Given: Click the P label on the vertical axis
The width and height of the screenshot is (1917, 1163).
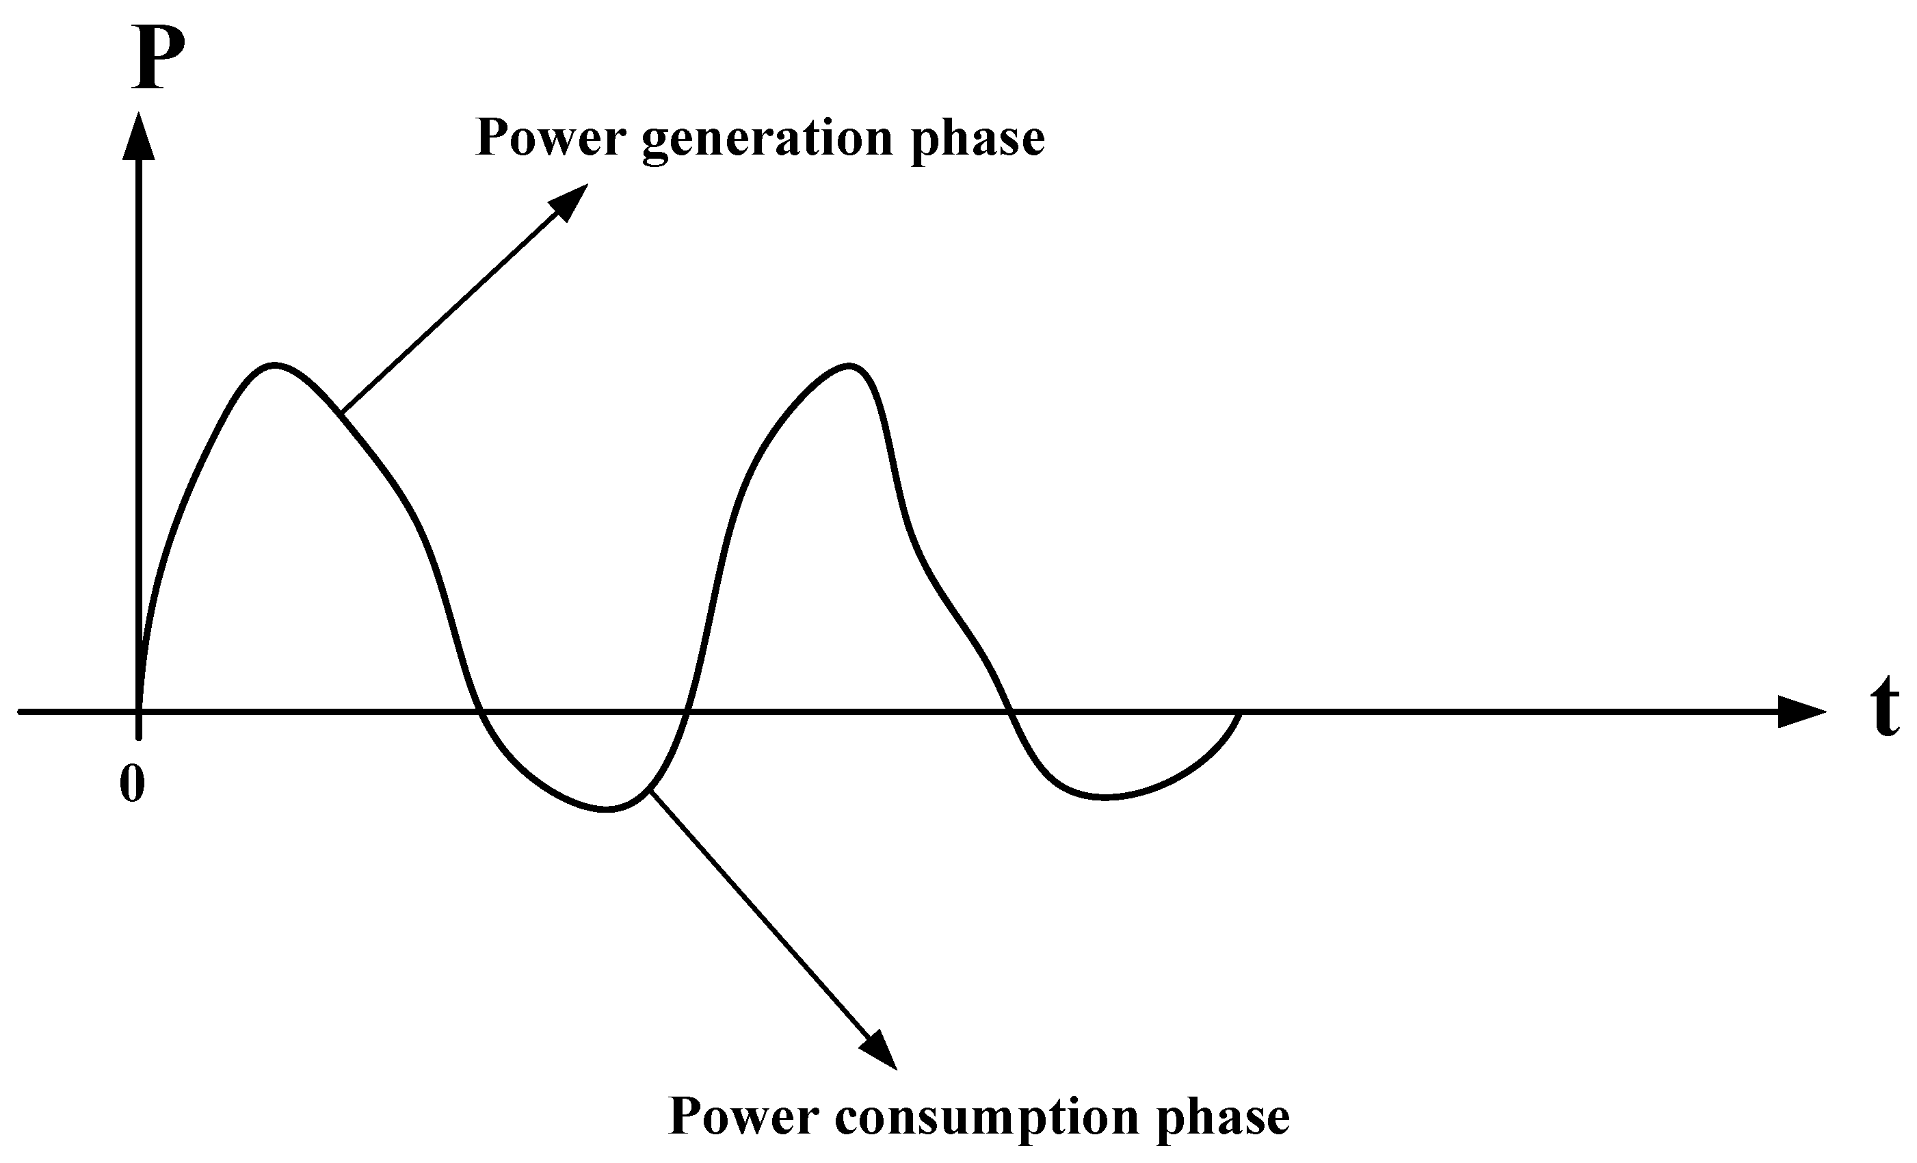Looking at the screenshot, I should tap(159, 57).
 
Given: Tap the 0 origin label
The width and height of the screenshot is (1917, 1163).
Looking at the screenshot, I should tap(132, 784).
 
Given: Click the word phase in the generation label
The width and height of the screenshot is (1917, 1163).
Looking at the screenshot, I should tap(978, 139).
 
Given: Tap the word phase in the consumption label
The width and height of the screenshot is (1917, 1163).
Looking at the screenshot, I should tap(1223, 1118).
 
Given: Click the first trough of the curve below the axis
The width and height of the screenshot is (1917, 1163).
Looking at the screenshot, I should tap(607, 811).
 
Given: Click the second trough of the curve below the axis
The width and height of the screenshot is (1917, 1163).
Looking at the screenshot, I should tap(1105, 797).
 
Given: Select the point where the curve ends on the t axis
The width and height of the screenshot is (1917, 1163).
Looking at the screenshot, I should tap(1240, 712).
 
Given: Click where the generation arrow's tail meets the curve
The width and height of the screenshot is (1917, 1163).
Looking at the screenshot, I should tap(343, 412).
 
